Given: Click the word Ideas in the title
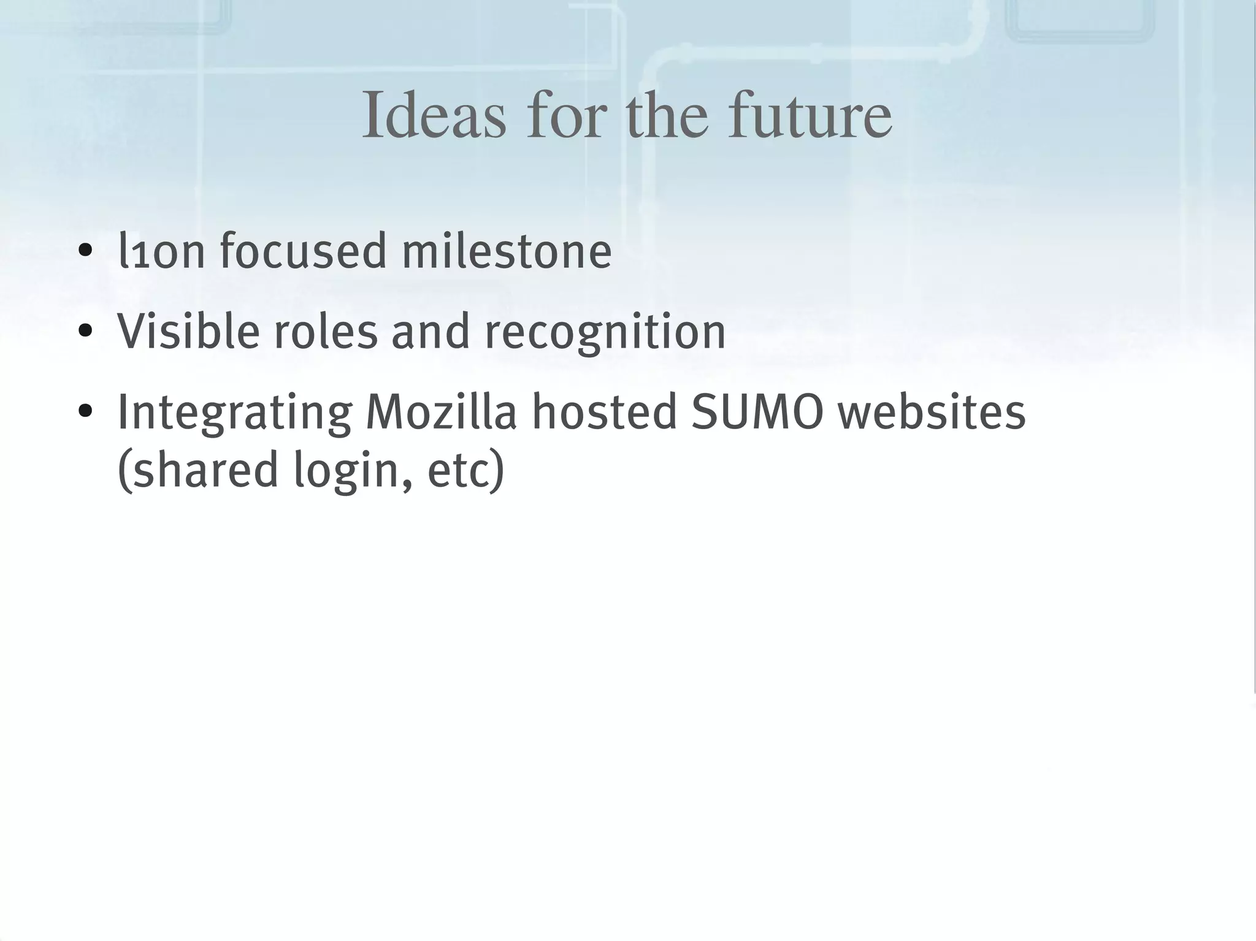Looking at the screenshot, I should (x=434, y=115).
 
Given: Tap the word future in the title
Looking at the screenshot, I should (x=810, y=115).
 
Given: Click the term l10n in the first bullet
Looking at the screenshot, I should (x=161, y=251).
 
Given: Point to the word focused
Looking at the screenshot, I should (x=304, y=251).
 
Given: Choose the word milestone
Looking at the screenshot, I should (x=506, y=251).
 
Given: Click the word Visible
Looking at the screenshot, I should (x=188, y=331).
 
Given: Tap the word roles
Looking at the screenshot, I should (x=325, y=331).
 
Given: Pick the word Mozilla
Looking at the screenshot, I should (x=441, y=412).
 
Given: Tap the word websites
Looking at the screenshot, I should (x=932, y=412).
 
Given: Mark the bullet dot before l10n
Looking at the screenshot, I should (x=85, y=251).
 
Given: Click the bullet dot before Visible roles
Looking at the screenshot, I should (x=85, y=332).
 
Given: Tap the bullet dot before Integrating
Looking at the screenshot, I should (x=85, y=412).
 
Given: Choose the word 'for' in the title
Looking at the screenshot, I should (x=565, y=115).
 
